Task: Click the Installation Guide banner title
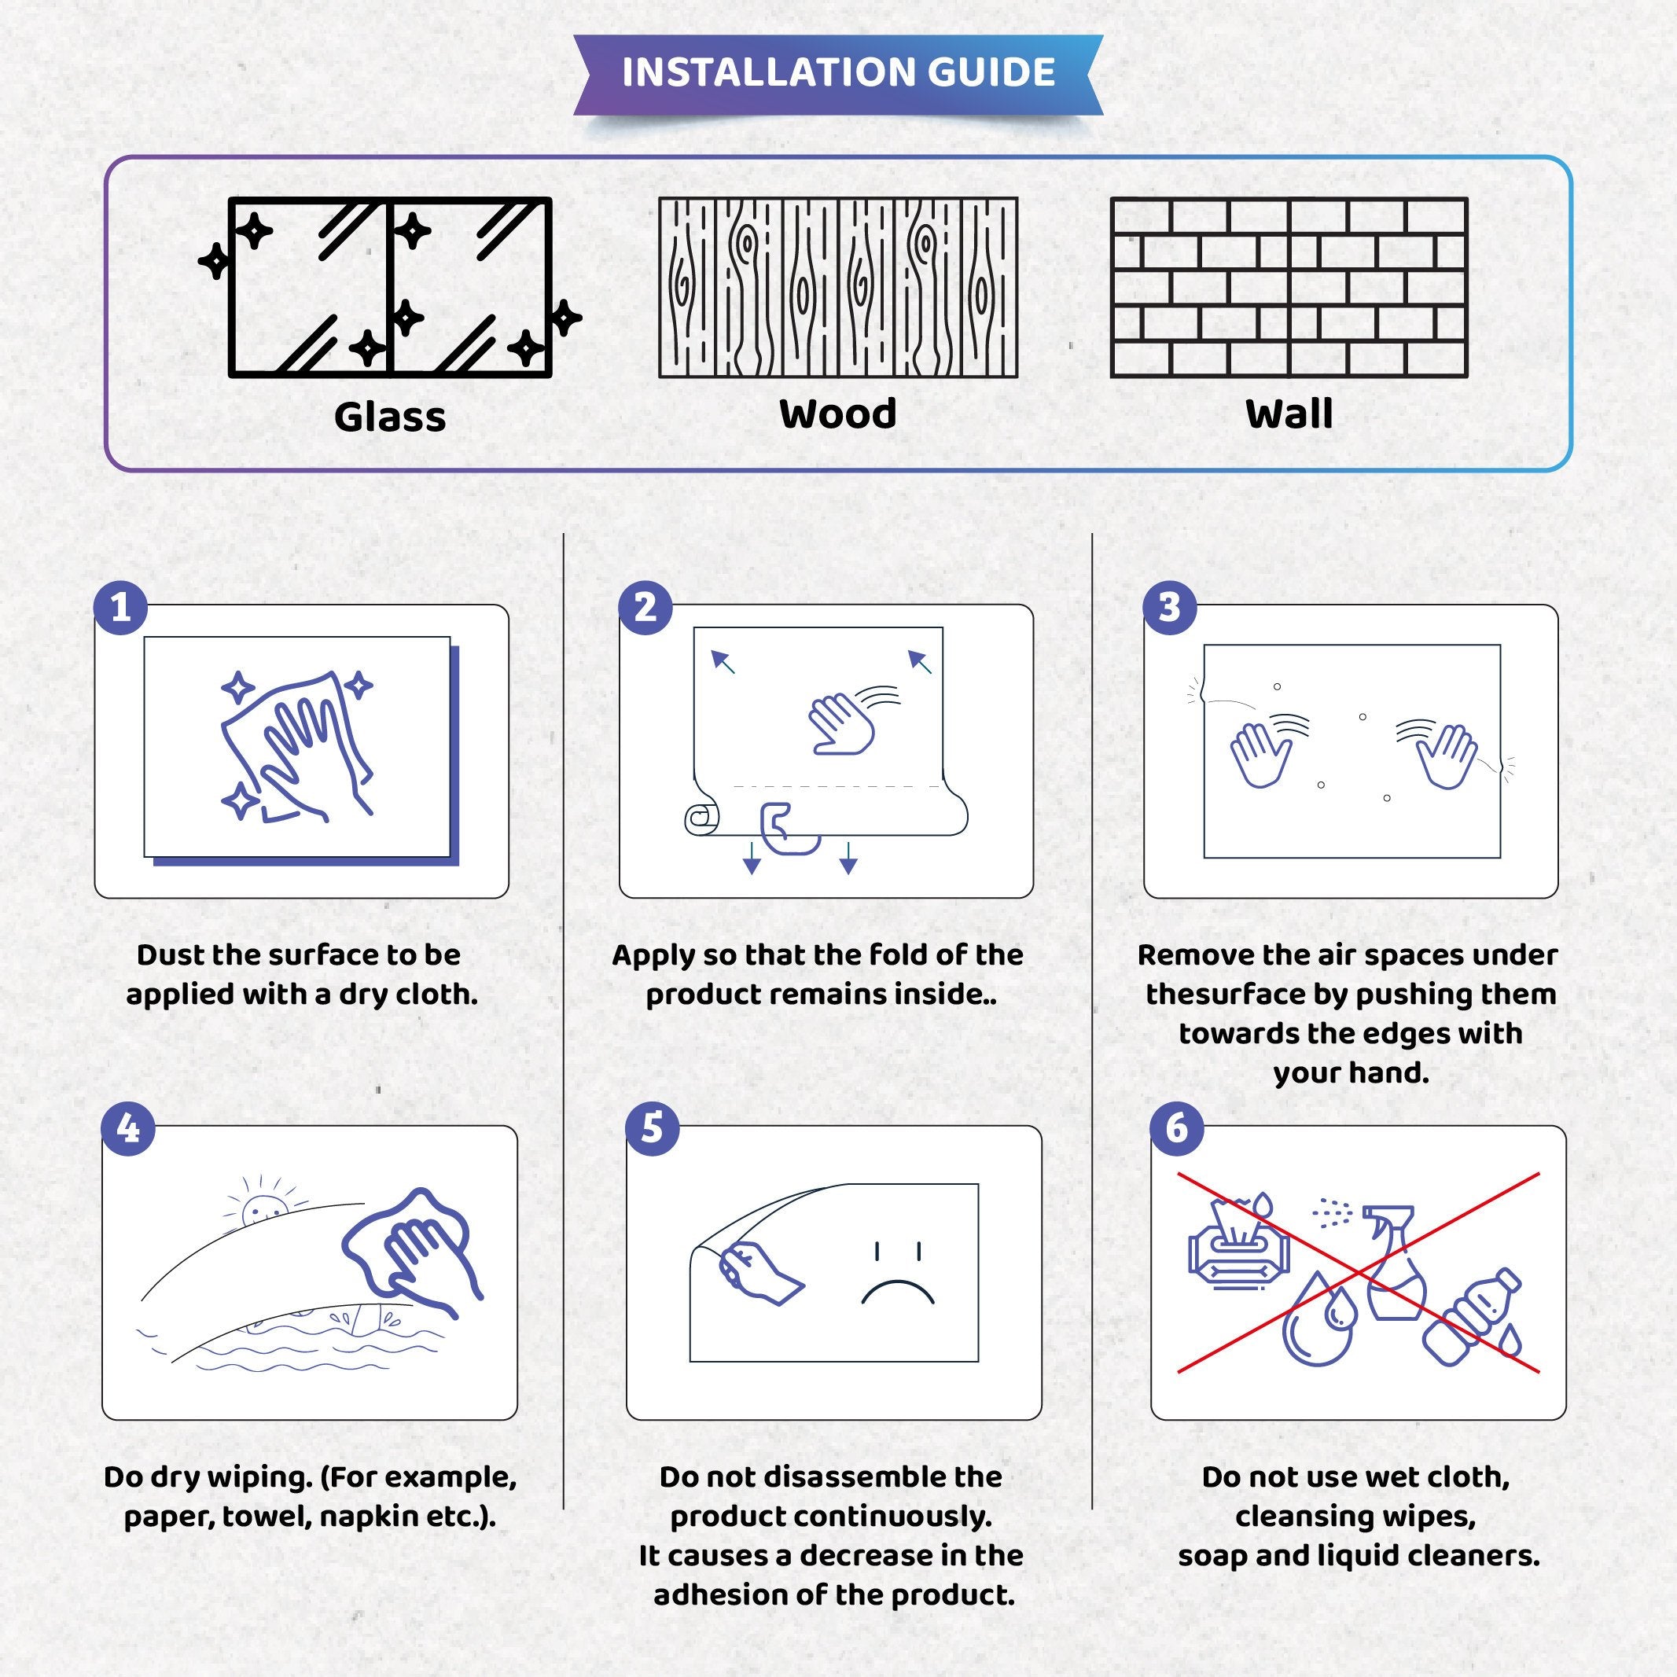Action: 837,72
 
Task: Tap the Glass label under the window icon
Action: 390,417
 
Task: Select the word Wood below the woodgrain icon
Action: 837,414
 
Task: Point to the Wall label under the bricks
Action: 1288,414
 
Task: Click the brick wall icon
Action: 1288,287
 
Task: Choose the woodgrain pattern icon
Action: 837,287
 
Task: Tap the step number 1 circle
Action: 120,607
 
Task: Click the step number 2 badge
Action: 645,607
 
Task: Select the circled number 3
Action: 1169,607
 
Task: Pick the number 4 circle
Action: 127,1128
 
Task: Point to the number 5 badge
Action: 652,1128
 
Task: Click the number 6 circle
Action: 1176,1128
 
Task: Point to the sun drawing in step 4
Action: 261,1208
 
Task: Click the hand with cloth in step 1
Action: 295,746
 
